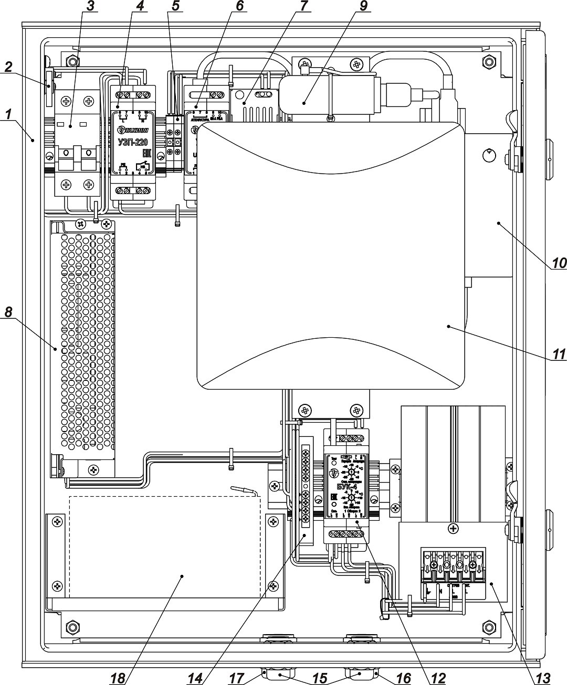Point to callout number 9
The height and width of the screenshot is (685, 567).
(364, 6)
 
